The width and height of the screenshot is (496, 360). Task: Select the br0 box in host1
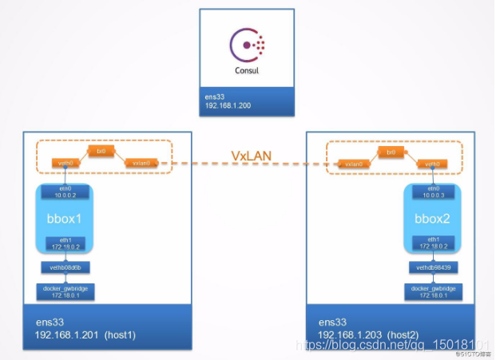coord(101,150)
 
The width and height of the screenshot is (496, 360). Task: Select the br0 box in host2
coord(391,151)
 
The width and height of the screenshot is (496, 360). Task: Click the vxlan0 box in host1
coord(141,163)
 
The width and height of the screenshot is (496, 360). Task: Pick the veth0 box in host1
coord(65,163)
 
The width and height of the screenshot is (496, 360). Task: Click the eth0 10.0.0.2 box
coord(65,192)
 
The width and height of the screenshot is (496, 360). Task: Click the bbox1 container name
coord(65,217)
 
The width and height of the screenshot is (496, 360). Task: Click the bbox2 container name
coord(431,217)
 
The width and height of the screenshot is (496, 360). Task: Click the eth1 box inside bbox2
coord(431,243)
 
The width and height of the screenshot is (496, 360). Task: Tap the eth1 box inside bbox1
coord(65,243)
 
